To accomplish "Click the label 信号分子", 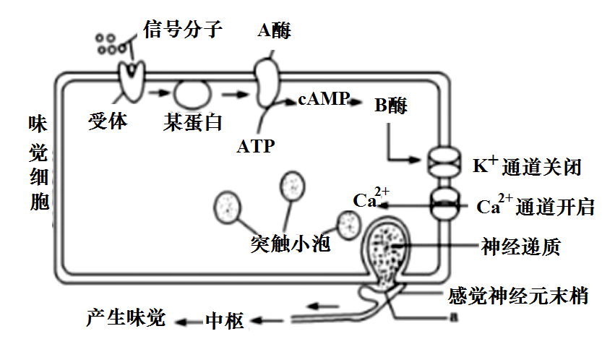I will point(181,30).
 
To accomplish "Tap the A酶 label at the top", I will point(274,31).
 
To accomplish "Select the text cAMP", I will point(323,99).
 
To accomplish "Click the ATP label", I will point(255,147).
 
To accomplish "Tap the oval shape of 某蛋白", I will point(192,93).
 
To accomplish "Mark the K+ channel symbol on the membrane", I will point(443,160).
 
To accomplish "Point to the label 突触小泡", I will point(291,244).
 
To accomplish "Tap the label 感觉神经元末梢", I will point(517,295).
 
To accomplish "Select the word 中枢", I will point(225,320).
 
